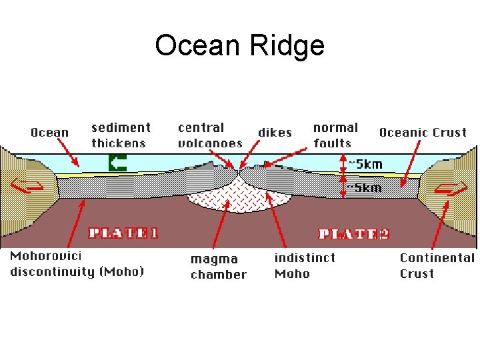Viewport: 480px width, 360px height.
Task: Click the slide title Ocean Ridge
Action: pyautogui.click(x=239, y=45)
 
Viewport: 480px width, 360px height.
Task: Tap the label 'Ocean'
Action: pyautogui.click(x=49, y=132)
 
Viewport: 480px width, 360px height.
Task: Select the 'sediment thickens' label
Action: pyautogui.click(x=121, y=135)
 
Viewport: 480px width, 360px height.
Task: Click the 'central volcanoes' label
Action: pyautogui.click(x=209, y=135)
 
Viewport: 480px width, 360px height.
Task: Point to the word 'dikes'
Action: pyautogui.click(x=275, y=133)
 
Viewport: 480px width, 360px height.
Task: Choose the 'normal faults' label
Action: pyautogui.click(x=335, y=135)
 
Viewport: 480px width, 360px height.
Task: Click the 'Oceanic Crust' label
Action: pyautogui.click(x=423, y=132)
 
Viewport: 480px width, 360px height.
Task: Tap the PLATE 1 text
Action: pyautogui.click(x=123, y=233)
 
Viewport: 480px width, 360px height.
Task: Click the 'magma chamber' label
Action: pyautogui.click(x=218, y=266)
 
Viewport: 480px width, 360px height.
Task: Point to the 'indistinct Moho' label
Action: pyautogui.click(x=304, y=265)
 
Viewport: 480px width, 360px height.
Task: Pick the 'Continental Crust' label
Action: pyautogui.click(x=437, y=265)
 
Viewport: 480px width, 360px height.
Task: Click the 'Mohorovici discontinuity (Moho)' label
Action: pyautogui.click(x=77, y=264)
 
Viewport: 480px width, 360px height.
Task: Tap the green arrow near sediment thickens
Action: pyautogui.click(x=117, y=163)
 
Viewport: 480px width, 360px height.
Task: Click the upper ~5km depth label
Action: pyautogui.click(x=365, y=164)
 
